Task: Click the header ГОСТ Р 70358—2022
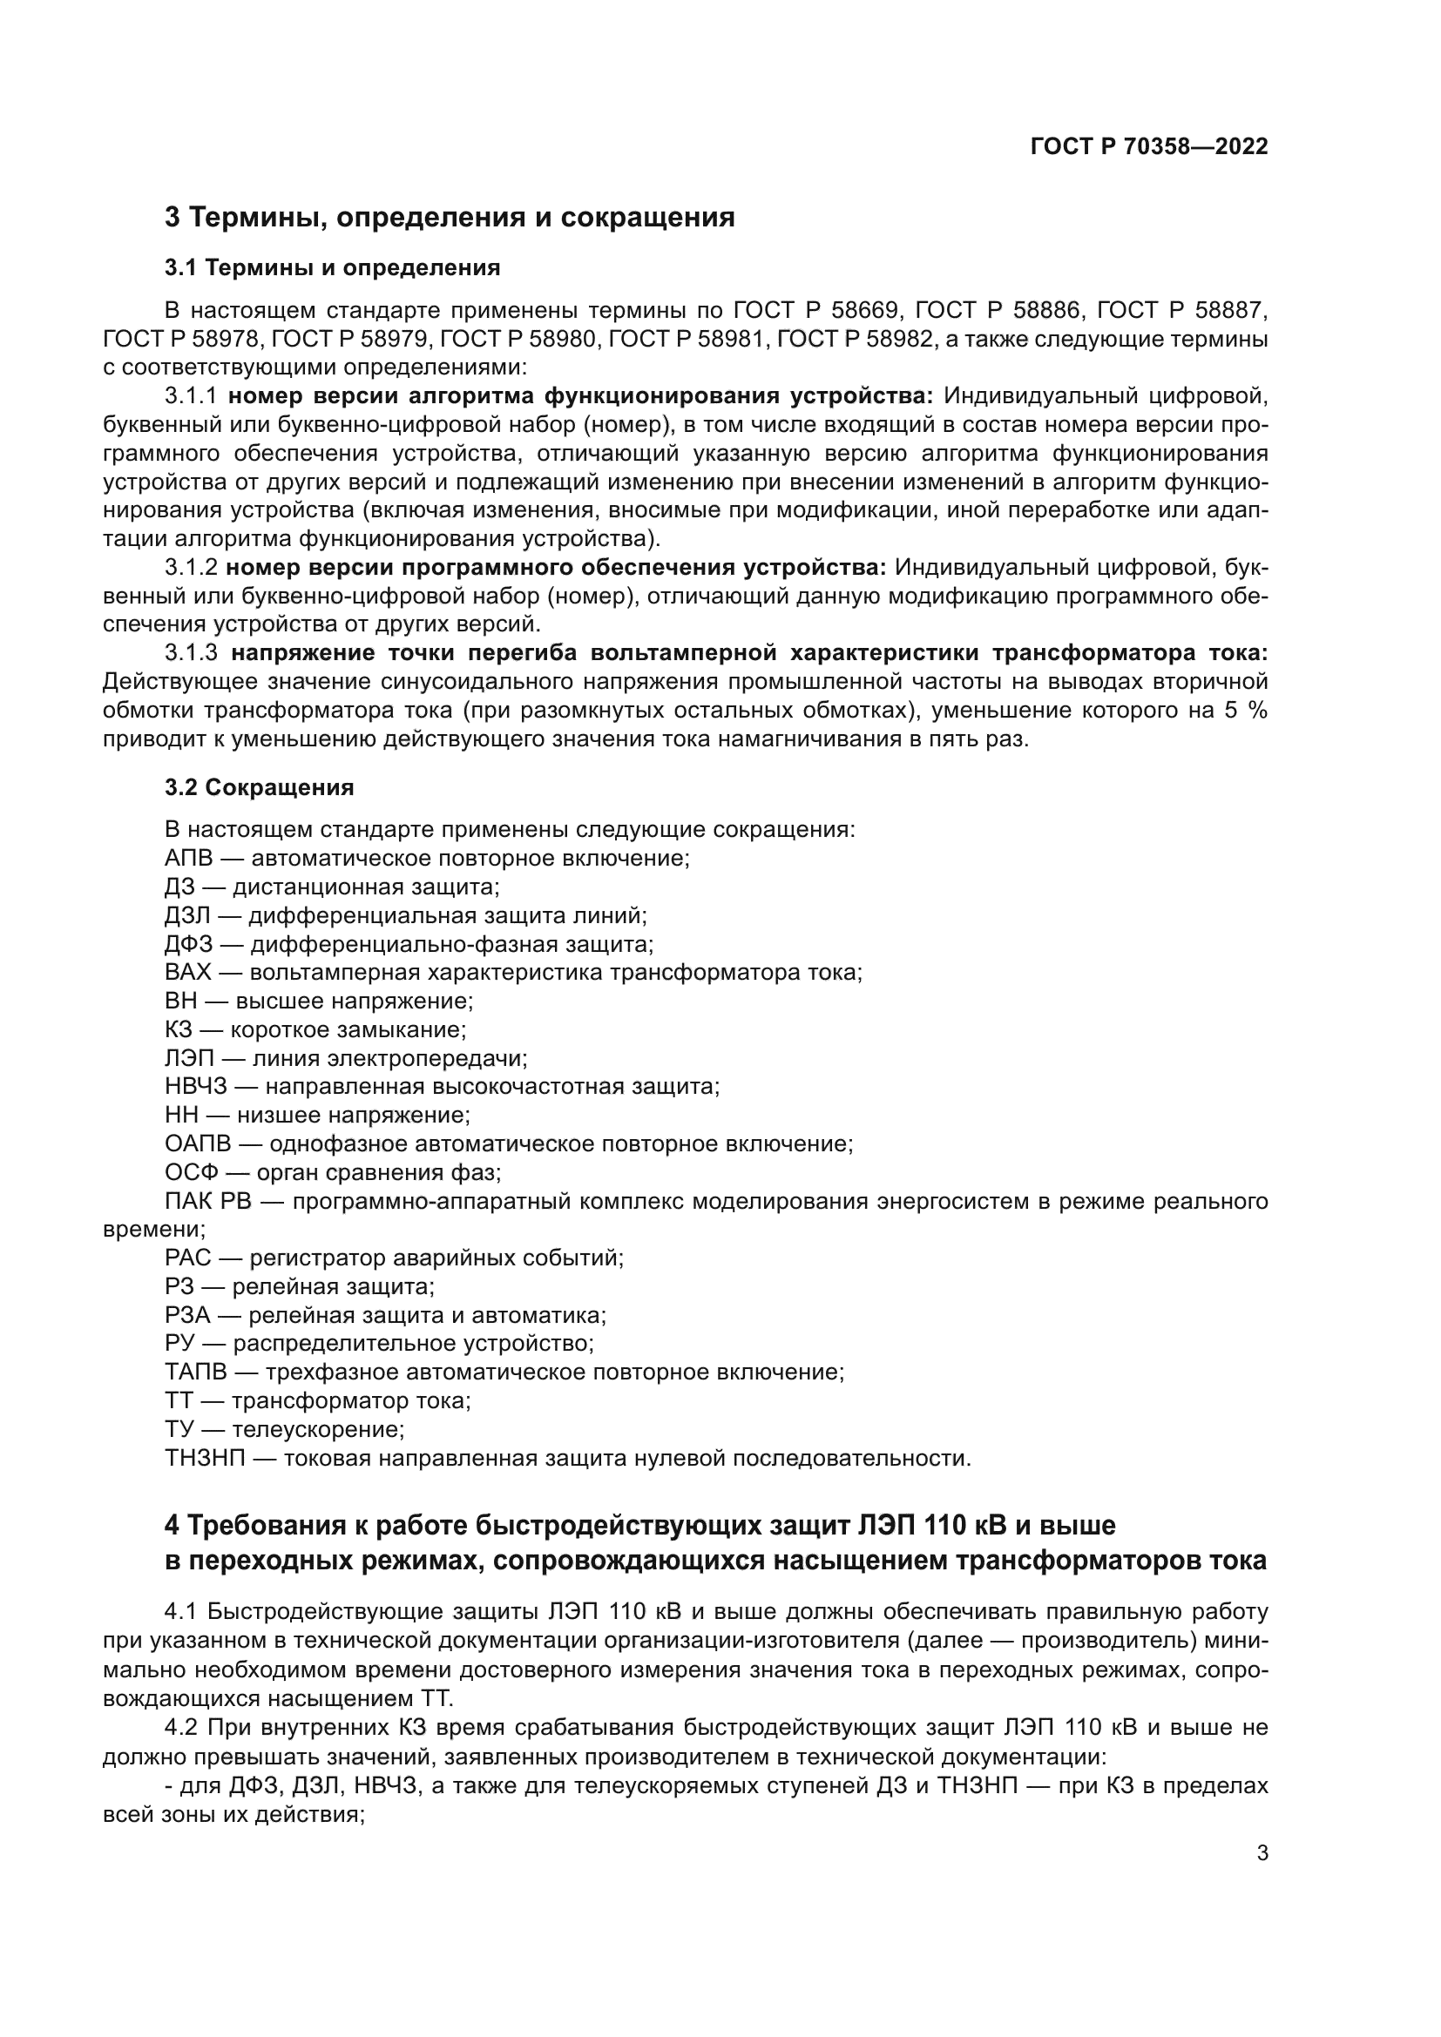click(1149, 147)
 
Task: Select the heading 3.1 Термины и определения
click(333, 267)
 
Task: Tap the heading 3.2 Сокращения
click(259, 787)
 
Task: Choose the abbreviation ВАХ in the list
click(187, 972)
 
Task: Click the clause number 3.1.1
click(191, 395)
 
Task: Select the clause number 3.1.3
click(191, 653)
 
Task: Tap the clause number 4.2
click(181, 1728)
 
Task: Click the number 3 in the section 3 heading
click(173, 217)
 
